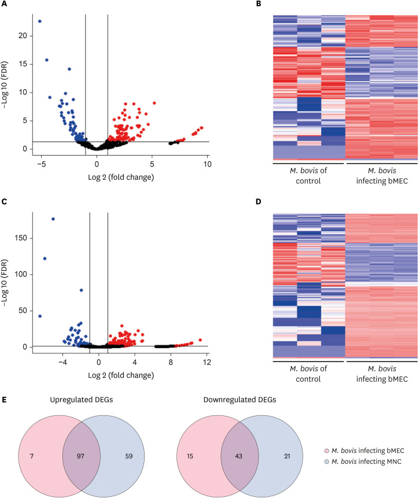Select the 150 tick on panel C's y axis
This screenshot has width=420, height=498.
(x=19, y=238)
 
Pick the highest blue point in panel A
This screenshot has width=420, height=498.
(x=39, y=21)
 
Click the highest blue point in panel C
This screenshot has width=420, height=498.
(x=53, y=219)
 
